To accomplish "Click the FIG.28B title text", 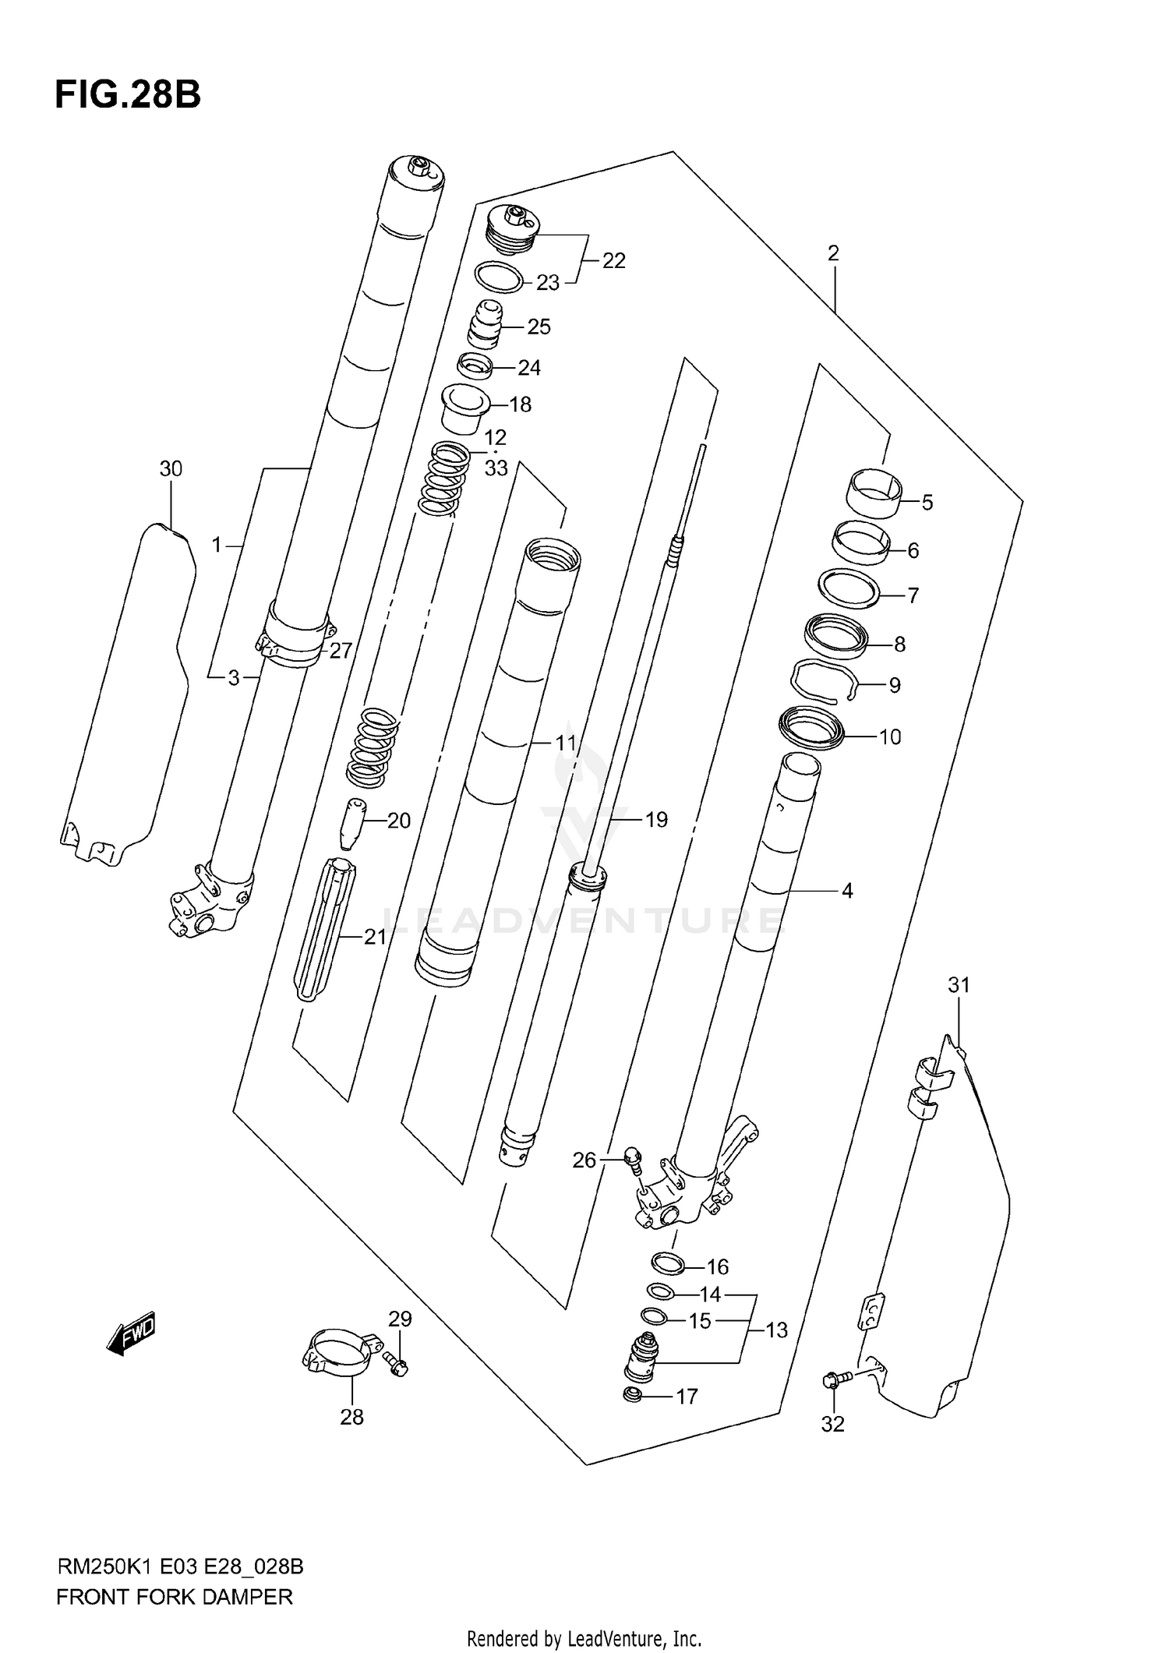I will click(128, 95).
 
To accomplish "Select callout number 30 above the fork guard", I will click(171, 469).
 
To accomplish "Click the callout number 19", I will click(656, 820).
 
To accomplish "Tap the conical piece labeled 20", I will click(353, 822).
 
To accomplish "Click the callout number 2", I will click(833, 253).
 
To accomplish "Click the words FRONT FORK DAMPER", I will click(175, 1597).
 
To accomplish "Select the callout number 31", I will click(959, 985).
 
